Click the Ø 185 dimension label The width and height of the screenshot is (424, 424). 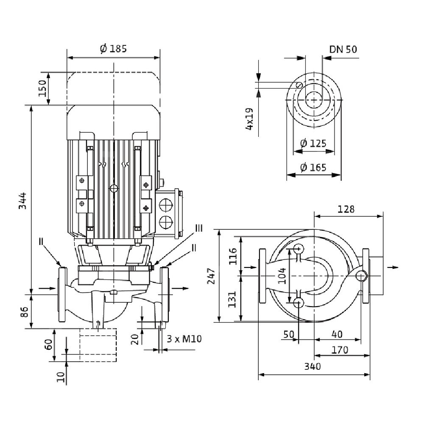pyautogui.click(x=114, y=49)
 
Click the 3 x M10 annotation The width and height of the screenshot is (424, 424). pyautogui.click(x=184, y=339)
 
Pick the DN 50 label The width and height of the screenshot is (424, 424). pyautogui.click(x=343, y=49)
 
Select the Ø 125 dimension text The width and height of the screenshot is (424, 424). pyautogui.click(x=313, y=143)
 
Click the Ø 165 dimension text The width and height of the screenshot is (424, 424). pyautogui.click(x=313, y=167)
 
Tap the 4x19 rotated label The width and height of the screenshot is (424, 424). pyautogui.click(x=249, y=119)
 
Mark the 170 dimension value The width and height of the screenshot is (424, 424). pyautogui.click(x=340, y=350)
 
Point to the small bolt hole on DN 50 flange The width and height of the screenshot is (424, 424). pyautogui.click(x=299, y=85)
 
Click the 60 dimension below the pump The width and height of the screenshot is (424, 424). pyautogui.click(x=49, y=344)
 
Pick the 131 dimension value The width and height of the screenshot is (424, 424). pyautogui.click(x=232, y=299)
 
